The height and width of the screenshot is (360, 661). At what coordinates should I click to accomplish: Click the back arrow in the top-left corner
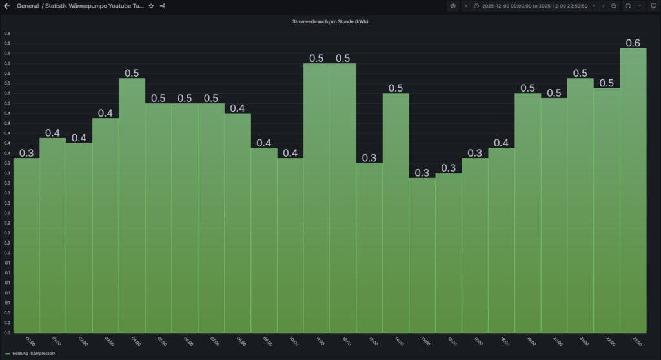click(8, 6)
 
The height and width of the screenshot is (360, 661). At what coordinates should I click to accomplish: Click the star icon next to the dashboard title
click(151, 6)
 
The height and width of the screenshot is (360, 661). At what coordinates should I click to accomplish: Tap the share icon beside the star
click(162, 6)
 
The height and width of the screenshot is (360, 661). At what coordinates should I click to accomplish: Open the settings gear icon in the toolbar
click(453, 6)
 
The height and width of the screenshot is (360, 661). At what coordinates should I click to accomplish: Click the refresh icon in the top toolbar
click(627, 6)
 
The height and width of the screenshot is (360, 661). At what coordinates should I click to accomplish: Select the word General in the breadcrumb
click(28, 6)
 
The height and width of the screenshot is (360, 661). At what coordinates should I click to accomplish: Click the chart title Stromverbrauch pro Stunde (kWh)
click(330, 21)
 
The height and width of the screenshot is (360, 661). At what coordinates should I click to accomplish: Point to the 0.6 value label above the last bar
click(633, 43)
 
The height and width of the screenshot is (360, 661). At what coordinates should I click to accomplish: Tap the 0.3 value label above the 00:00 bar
click(26, 153)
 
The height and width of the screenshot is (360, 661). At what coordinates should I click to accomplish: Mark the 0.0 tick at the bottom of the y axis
click(6, 333)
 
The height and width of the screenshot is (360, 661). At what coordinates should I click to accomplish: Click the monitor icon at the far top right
click(653, 6)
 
